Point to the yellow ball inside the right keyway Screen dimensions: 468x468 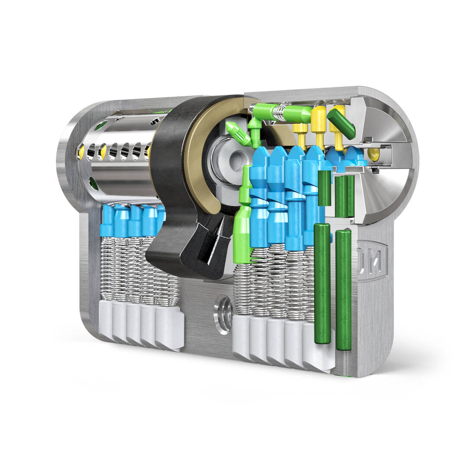[x=373, y=154]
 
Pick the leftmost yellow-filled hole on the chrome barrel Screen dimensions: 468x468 [x=81, y=151]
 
